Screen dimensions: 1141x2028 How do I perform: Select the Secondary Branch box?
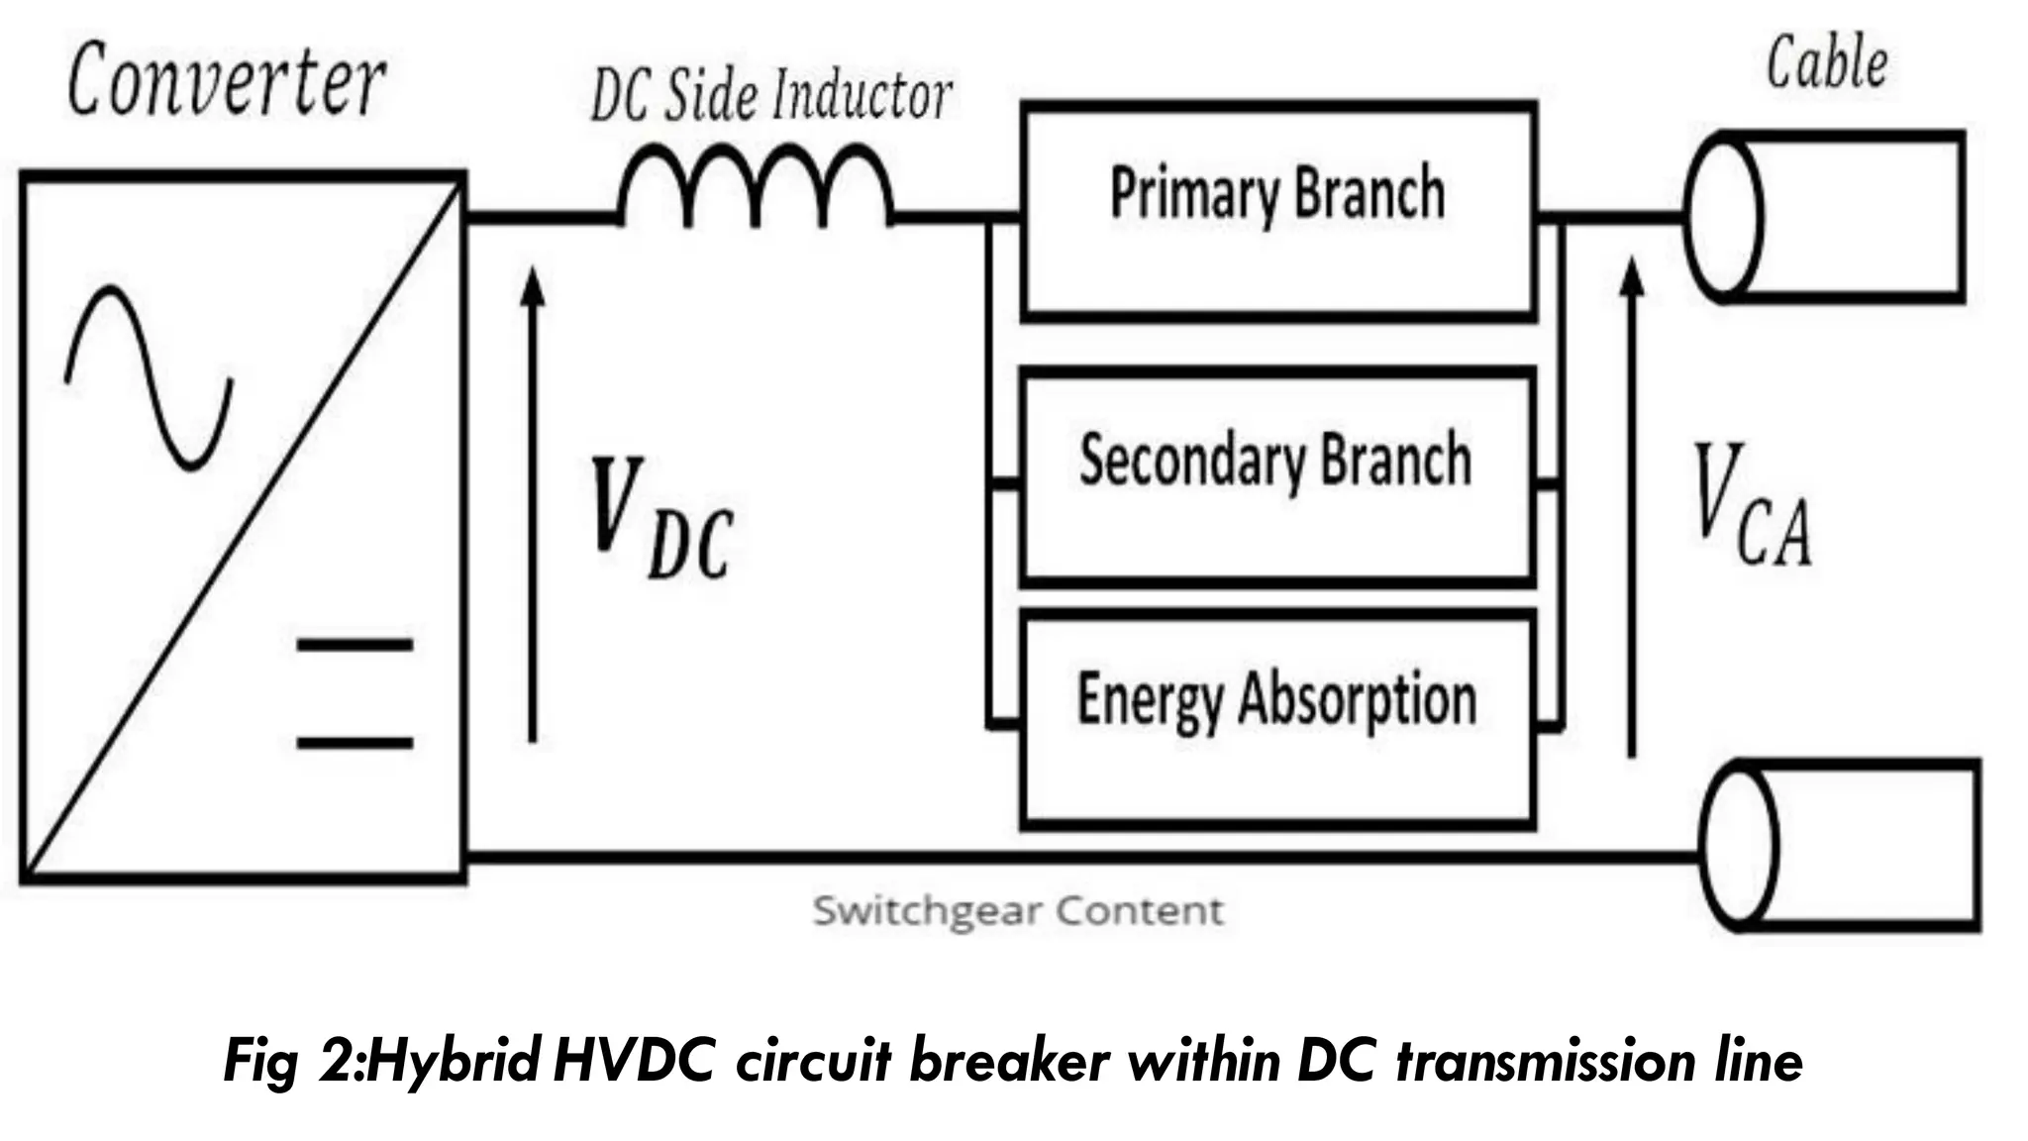[x=1277, y=473]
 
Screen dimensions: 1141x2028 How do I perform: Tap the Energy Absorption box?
[x=1277, y=717]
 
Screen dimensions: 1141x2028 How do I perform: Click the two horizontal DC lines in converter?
[x=355, y=693]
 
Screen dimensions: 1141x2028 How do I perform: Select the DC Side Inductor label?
[x=770, y=96]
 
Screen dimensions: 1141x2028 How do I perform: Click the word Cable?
[x=1827, y=63]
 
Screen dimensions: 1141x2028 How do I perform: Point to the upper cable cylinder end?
[x=1723, y=216]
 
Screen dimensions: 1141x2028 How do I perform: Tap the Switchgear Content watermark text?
[x=1018, y=910]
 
